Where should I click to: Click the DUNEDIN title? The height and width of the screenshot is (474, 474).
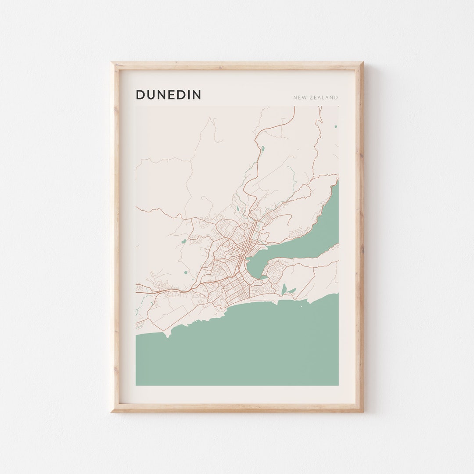(168, 95)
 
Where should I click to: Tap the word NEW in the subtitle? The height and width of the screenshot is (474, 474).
(300, 97)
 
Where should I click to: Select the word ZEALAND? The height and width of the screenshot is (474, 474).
(325, 97)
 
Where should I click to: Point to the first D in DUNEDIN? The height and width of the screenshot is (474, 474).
(140, 95)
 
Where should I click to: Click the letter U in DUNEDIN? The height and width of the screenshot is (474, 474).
(151, 95)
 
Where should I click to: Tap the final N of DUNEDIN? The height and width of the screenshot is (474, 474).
(197, 95)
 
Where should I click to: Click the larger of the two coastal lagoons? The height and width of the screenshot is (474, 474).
(284, 289)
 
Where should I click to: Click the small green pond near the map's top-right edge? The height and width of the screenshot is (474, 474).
(336, 127)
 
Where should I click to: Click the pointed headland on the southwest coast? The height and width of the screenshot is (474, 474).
(167, 336)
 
